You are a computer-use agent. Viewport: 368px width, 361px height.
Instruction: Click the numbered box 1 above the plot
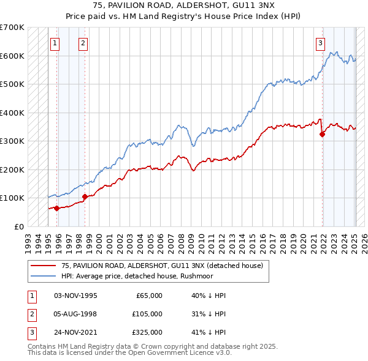pyautogui.click(x=55, y=43)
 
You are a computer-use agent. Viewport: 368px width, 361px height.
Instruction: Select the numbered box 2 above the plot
pyautogui.click(x=83, y=43)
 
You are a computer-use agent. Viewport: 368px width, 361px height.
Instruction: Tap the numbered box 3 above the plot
pyautogui.click(x=321, y=43)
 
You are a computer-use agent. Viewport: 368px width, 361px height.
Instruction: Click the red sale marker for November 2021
pyautogui.click(x=323, y=135)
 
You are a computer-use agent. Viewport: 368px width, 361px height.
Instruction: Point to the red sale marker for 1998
pyautogui.click(x=85, y=196)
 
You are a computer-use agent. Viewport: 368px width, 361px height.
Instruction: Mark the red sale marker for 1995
pyautogui.click(x=56, y=208)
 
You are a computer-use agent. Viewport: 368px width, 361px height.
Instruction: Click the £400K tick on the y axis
pyautogui.click(x=12, y=113)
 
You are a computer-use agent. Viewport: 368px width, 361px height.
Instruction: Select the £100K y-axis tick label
pyautogui.click(x=12, y=198)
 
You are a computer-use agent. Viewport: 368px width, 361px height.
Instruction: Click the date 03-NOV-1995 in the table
pyautogui.click(x=75, y=296)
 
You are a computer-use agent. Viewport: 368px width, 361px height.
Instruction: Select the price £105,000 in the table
pyautogui.click(x=148, y=314)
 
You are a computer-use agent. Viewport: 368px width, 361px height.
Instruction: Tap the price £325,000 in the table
pyautogui.click(x=148, y=332)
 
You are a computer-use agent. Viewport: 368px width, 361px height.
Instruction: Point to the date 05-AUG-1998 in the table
pyautogui.click(x=75, y=314)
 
